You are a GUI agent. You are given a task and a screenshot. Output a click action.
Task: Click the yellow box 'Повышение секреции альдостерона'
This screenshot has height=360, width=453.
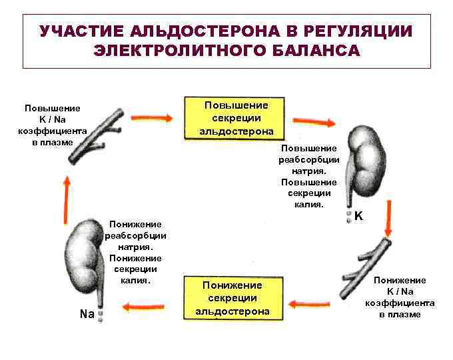pos(236,118)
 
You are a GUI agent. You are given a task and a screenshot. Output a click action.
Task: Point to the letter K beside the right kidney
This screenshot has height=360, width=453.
pos(359,216)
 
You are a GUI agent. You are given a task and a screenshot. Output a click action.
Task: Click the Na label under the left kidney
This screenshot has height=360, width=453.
pos(85,313)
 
